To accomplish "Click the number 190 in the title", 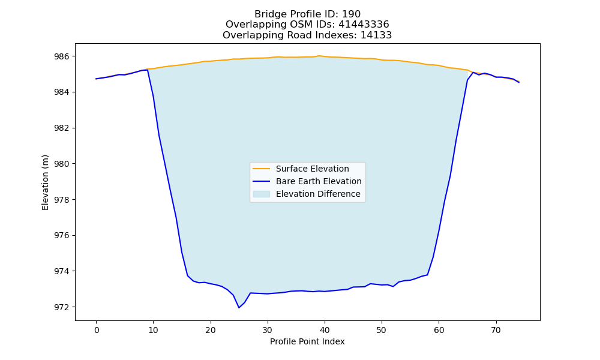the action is tap(351, 14).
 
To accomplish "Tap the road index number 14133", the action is tap(376, 35).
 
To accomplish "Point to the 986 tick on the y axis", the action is tap(62, 56).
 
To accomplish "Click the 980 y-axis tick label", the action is tap(62, 164).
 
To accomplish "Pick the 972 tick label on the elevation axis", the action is tap(62, 307).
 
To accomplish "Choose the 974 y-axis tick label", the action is tap(62, 271).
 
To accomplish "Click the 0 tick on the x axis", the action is tap(97, 330).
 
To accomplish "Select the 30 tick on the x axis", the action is tap(268, 330).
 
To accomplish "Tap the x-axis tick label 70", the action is tap(496, 330).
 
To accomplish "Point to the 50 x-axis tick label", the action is tap(382, 330).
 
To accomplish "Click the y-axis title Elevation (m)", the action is tap(45, 182).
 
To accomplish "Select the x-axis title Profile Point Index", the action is tap(307, 341).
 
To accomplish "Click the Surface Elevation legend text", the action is tap(312, 169).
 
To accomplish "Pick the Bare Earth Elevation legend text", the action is tap(319, 181).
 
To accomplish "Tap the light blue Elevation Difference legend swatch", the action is tap(262, 194).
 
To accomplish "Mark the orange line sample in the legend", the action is tap(262, 169).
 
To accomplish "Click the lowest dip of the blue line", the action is tap(239, 308).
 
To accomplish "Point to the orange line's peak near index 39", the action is tap(319, 56).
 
